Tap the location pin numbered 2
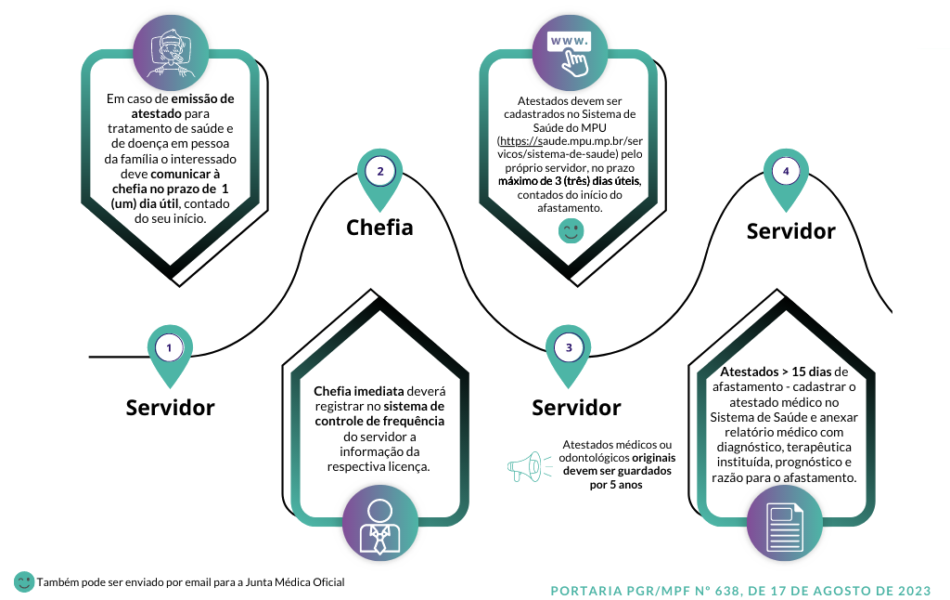coord(380,174)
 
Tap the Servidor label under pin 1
coord(170,407)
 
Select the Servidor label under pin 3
coord(576,407)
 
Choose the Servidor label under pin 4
coord(790,230)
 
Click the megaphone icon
coord(525,466)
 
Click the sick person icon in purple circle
coord(168,48)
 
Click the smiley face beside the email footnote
coord(24,582)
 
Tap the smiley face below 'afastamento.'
coord(570,232)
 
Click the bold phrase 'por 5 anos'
coord(616,485)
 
